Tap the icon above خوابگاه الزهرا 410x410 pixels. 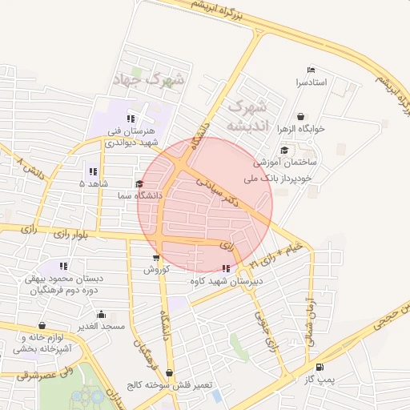300,116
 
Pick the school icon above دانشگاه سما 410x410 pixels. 140,184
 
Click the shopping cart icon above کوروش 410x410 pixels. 155,258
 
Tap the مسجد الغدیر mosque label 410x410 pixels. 100,326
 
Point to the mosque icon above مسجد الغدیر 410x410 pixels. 101,315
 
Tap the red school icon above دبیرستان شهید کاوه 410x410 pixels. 227,269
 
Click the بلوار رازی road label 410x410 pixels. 72,234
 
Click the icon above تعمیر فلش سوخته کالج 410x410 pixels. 170,372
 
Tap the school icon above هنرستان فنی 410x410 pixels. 131,119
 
